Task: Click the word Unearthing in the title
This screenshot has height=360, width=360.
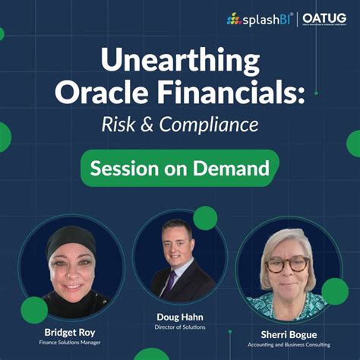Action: click(179, 59)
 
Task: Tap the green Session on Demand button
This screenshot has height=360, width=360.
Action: click(179, 167)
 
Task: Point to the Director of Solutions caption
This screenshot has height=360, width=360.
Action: click(180, 327)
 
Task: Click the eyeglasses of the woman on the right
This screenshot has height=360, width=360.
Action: click(288, 263)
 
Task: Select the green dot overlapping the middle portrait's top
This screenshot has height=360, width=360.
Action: click(204, 219)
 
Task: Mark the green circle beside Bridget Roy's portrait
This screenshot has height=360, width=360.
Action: click(34, 310)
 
